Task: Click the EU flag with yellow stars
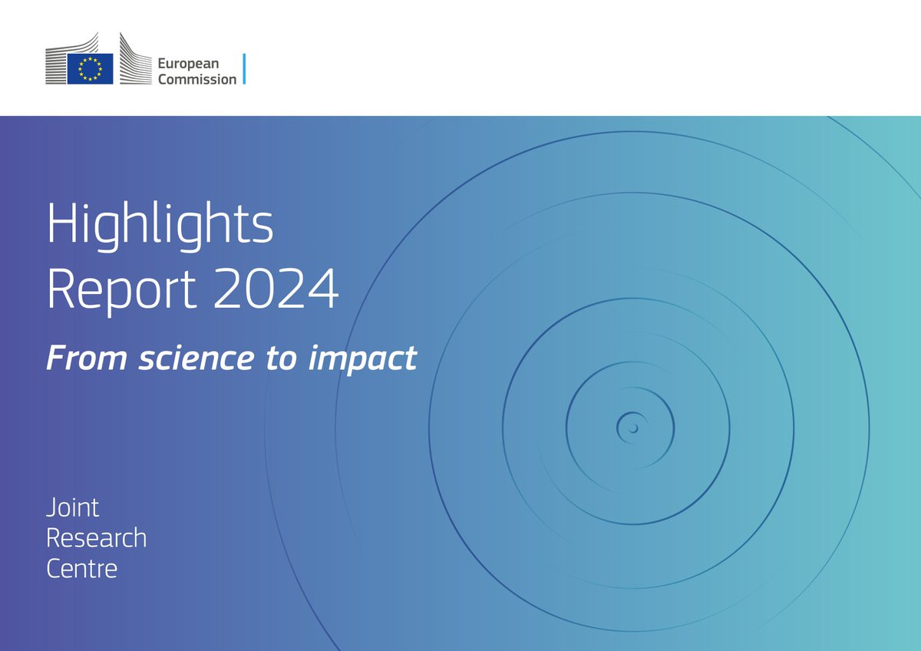point(90,68)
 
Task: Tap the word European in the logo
point(188,64)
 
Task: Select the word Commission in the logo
point(197,79)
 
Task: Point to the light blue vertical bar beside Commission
point(244,68)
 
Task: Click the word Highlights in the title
point(160,226)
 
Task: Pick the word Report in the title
point(122,289)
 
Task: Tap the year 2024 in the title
point(276,289)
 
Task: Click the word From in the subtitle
point(87,358)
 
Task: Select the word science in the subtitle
point(196,358)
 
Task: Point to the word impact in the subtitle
point(362,360)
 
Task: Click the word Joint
point(72,507)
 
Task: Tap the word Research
point(96,537)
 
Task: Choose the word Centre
point(82,568)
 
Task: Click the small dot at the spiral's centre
point(634,428)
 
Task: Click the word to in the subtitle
point(282,358)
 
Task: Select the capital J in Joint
point(52,507)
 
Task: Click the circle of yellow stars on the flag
point(90,68)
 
